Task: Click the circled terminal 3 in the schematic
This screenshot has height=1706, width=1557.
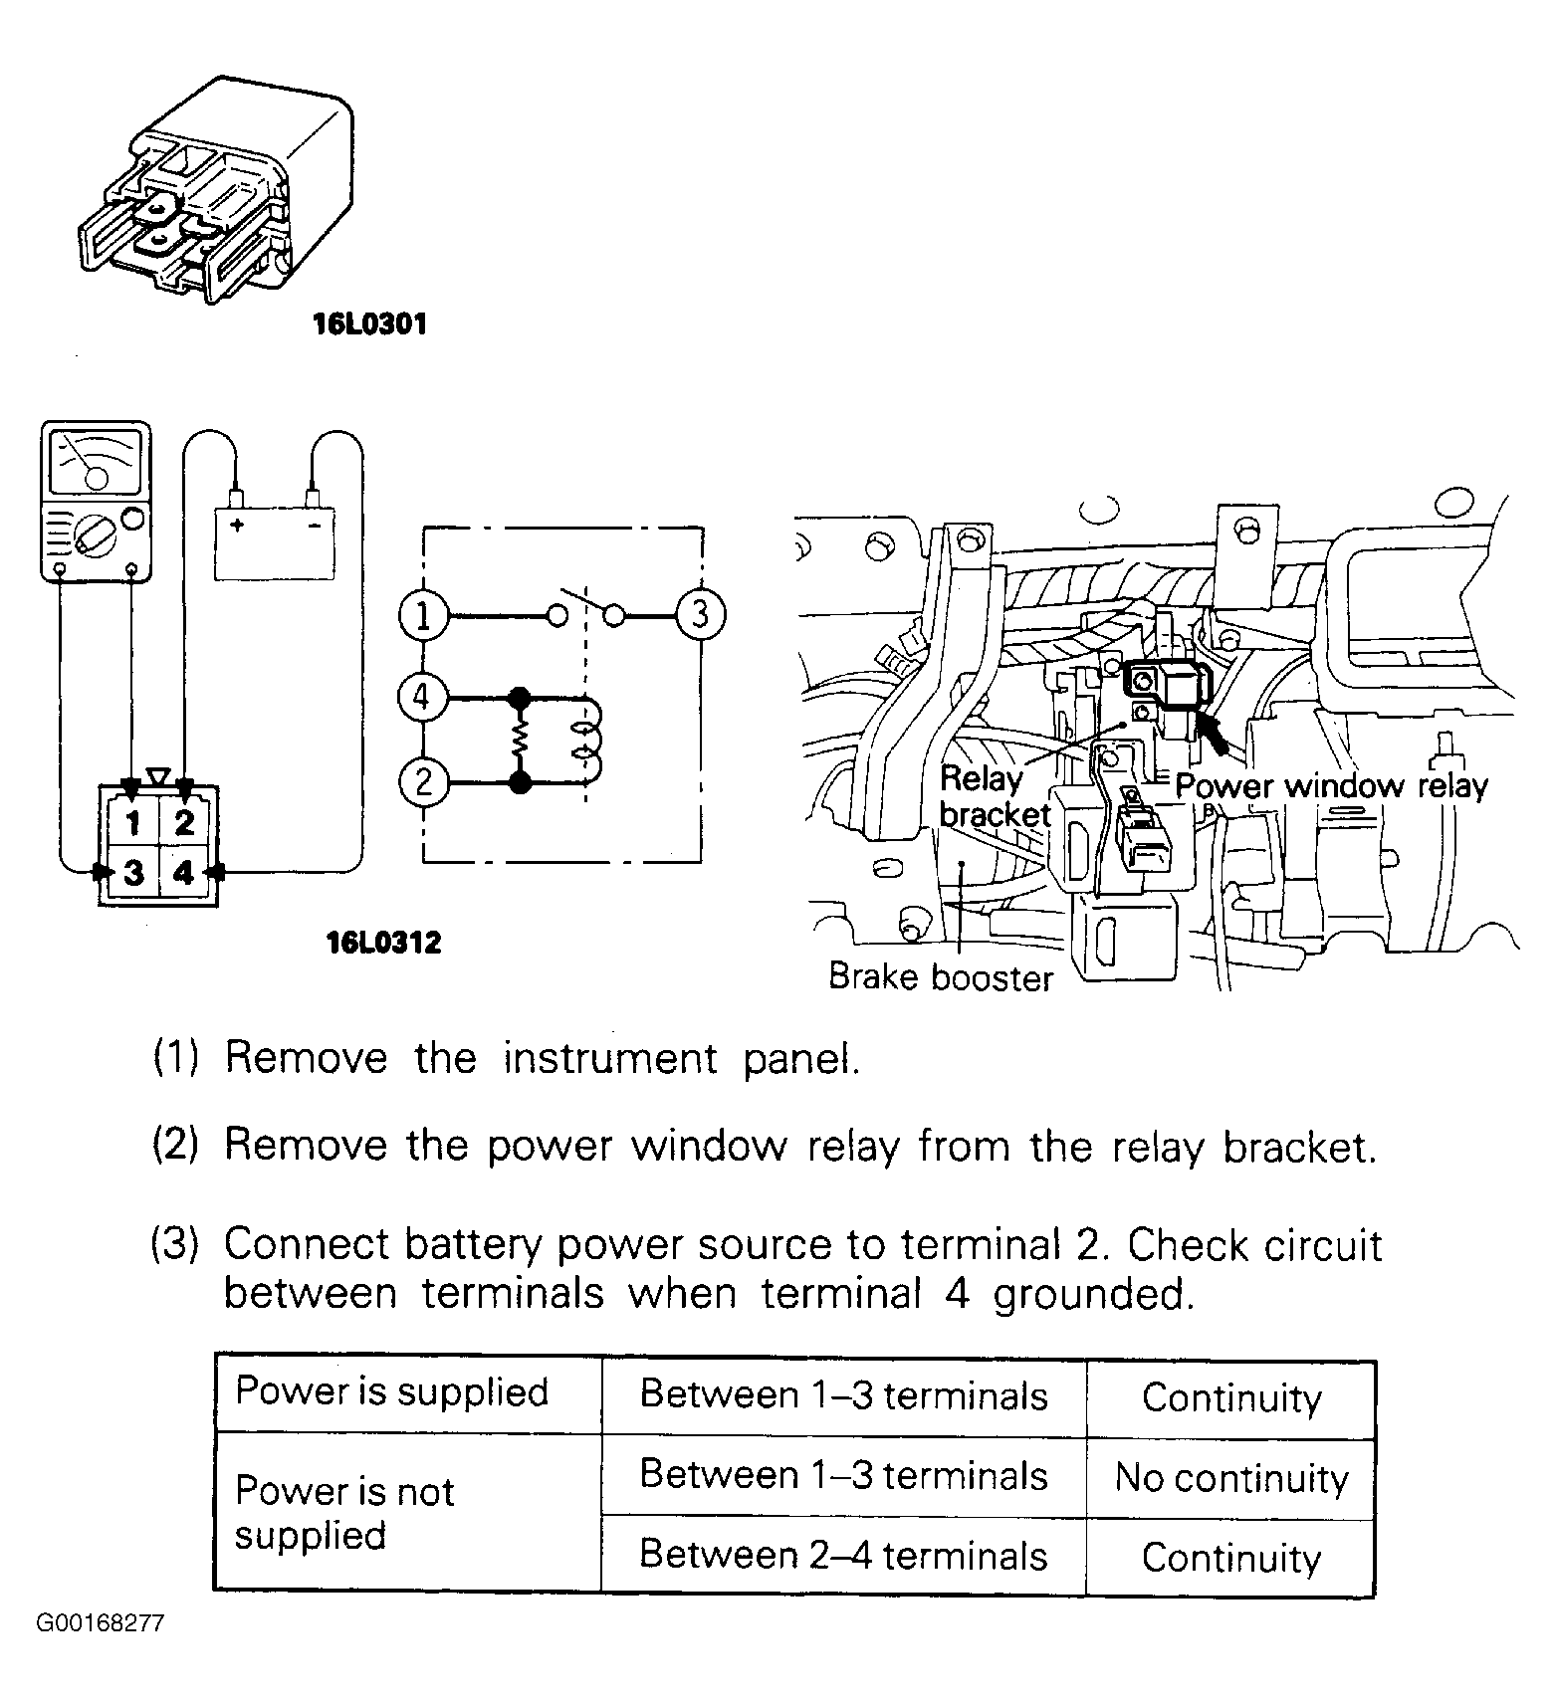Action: point(701,615)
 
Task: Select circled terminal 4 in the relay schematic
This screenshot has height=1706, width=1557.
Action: point(422,698)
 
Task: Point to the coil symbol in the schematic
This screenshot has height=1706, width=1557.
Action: point(586,741)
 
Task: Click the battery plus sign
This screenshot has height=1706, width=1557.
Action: point(238,525)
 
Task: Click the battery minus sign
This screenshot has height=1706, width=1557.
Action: point(314,525)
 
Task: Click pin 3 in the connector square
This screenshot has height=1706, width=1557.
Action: point(133,873)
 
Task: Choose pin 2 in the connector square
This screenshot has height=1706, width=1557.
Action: point(184,824)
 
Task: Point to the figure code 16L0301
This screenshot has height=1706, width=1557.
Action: point(369,324)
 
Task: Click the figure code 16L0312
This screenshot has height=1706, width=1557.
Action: point(383,942)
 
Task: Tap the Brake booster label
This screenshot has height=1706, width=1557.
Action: point(940,977)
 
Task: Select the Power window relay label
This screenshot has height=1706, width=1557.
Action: point(1331,786)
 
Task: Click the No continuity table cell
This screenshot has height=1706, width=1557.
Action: point(1230,1477)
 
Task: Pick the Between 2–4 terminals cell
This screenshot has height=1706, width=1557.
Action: point(843,1555)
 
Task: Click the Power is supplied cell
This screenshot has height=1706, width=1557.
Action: point(392,1391)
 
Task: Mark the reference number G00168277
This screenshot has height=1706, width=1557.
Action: point(101,1624)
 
